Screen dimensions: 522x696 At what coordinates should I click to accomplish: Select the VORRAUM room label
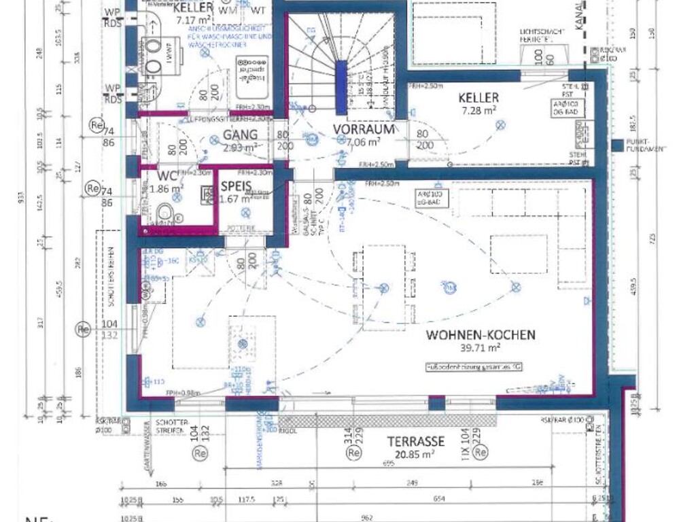[364, 129]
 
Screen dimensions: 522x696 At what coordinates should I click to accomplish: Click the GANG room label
[240, 135]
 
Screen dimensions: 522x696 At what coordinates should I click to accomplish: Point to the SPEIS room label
[236, 186]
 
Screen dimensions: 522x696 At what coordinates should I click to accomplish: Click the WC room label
[167, 176]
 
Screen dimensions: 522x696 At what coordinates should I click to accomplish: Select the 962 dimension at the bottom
[367, 517]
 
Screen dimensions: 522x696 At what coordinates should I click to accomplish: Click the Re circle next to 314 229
[353, 453]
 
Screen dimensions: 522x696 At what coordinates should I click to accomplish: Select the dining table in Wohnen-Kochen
[383, 288]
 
